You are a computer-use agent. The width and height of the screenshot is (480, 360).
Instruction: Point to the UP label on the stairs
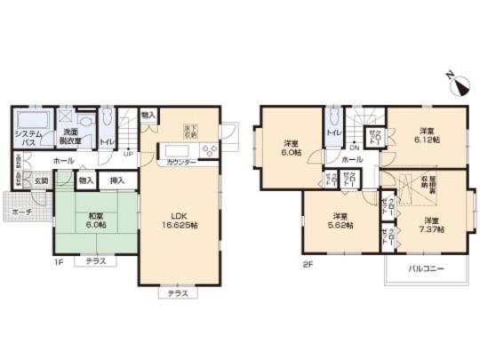[x=129, y=152]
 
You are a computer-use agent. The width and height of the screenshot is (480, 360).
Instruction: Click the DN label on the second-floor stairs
[x=354, y=148]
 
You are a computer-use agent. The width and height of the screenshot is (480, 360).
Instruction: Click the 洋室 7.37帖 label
[x=430, y=224]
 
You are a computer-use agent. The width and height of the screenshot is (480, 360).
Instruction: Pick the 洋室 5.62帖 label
[x=340, y=220]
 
